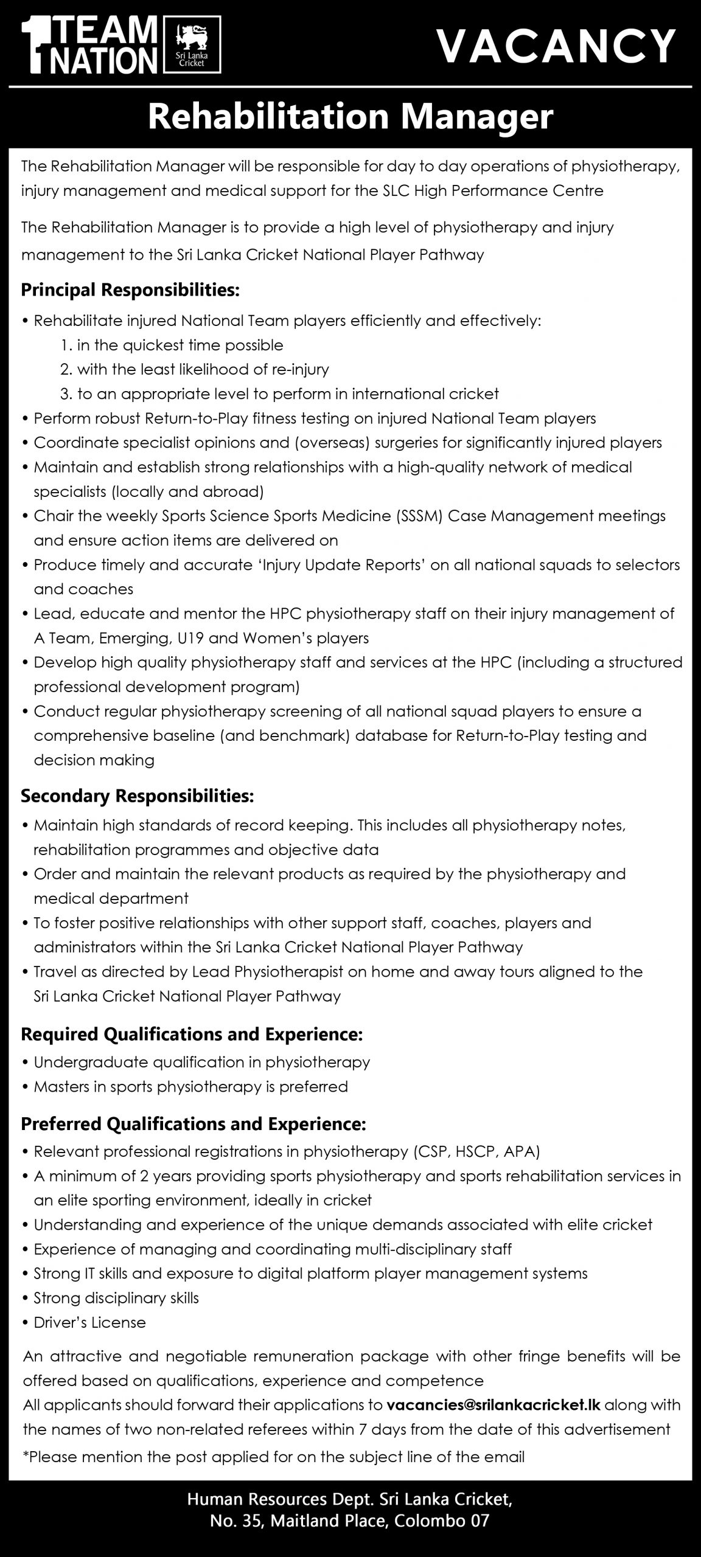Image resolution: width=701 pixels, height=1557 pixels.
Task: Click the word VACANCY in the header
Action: (x=556, y=46)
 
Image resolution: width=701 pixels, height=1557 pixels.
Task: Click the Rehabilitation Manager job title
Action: (x=350, y=117)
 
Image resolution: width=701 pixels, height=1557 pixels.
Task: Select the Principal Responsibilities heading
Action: (x=130, y=290)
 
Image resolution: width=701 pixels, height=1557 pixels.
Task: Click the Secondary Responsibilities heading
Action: (x=138, y=795)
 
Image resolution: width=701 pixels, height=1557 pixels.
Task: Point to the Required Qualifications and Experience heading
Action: (x=192, y=1033)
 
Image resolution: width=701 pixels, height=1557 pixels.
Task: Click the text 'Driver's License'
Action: (x=90, y=1322)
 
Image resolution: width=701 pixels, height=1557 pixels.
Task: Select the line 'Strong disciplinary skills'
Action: (x=116, y=1298)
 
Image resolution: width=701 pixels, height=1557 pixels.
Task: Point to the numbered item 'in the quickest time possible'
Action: (x=180, y=345)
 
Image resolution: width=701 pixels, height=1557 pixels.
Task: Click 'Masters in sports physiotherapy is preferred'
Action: (x=191, y=1086)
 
